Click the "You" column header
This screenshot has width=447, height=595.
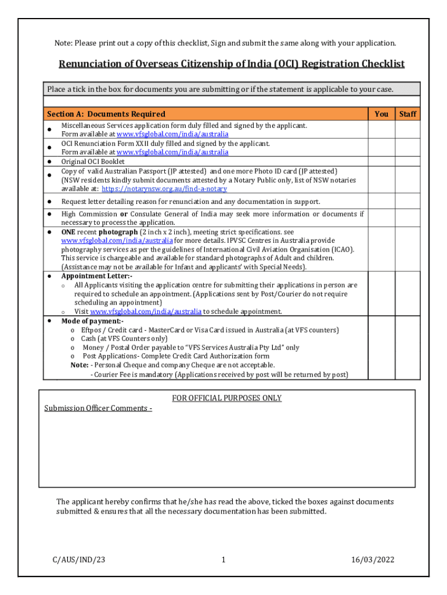[381, 114]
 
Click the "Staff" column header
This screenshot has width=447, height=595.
[408, 114]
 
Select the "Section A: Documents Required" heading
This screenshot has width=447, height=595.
[106, 114]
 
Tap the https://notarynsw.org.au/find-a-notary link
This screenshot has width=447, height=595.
[164, 189]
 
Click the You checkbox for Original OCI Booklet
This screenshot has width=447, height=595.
[381, 162]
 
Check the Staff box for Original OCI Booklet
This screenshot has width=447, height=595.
[408, 162]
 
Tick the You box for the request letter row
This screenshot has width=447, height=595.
[381, 202]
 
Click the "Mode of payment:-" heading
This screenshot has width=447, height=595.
[92, 321]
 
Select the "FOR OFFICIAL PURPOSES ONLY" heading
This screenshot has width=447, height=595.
[226, 398]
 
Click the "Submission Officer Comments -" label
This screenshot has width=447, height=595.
[98, 408]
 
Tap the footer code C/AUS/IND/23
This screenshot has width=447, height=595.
[74, 560]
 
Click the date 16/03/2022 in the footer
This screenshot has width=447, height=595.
[373, 560]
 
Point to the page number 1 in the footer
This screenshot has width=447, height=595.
[223, 560]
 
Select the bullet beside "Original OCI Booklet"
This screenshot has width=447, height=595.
[50, 162]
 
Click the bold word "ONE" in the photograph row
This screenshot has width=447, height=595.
[69, 232]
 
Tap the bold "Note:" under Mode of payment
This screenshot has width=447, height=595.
[80, 365]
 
